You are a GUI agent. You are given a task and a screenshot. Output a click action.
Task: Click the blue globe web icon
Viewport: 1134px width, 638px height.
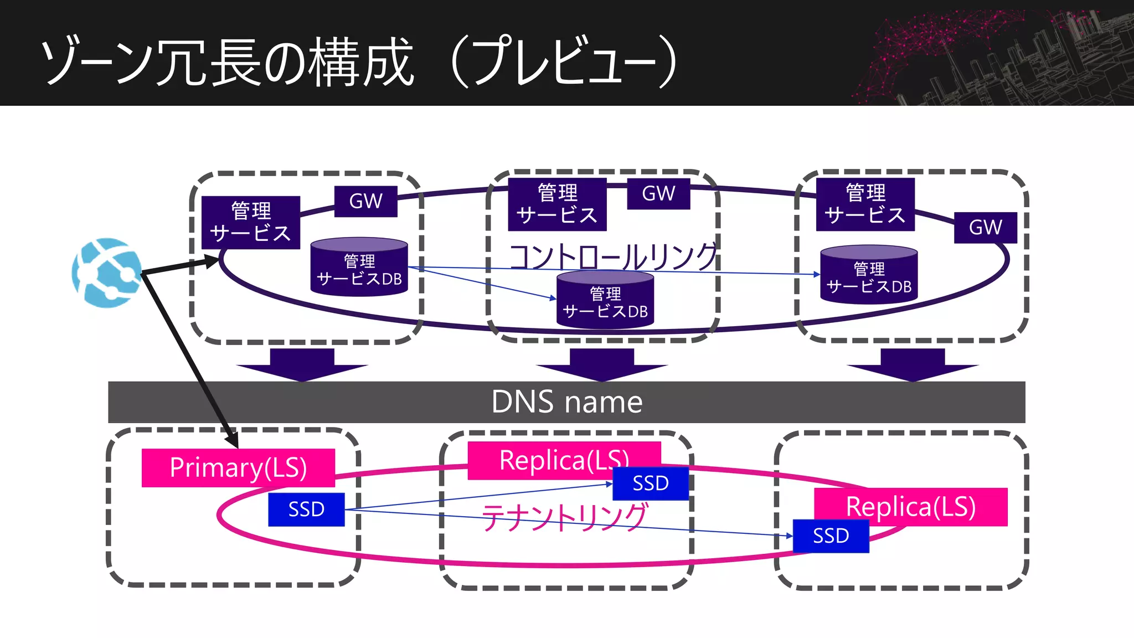pos(107,272)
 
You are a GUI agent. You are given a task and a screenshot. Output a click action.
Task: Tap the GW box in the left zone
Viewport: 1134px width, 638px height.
pos(365,201)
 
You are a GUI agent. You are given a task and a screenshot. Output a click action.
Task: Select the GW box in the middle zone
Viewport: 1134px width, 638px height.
pos(658,193)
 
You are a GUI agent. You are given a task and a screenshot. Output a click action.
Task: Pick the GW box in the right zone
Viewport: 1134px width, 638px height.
pos(985,227)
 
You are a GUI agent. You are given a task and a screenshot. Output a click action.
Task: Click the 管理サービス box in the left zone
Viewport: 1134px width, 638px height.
pos(250,222)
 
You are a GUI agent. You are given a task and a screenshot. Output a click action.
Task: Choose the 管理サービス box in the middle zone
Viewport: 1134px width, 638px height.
pos(557,204)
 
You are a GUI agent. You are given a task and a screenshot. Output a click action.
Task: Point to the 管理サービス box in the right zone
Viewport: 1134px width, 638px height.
pos(865,204)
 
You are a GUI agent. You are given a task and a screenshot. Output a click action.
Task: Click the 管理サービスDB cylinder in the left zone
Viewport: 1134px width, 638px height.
pos(359,268)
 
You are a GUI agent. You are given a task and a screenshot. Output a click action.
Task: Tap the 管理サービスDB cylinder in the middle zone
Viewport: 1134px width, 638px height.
pos(605,301)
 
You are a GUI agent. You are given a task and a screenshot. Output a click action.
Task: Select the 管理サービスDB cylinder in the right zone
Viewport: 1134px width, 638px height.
pos(869,276)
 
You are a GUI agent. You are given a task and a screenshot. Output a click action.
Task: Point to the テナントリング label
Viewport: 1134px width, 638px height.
pos(564,517)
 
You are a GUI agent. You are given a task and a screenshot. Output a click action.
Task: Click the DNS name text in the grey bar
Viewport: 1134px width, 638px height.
pos(566,402)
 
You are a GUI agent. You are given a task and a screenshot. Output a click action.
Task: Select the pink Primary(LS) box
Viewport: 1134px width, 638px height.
pos(238,467)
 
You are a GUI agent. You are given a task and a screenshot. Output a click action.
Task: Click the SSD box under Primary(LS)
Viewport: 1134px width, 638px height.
pos(306,509)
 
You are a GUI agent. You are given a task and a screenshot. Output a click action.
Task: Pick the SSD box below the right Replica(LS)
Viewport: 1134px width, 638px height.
pos(831,536)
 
